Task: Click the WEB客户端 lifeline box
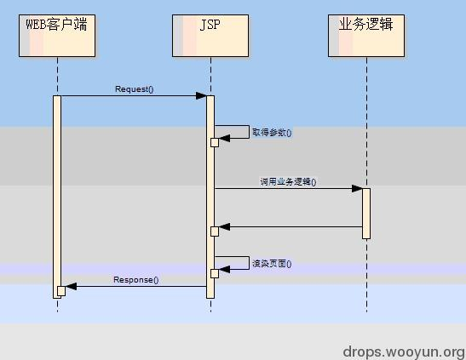pos(57,35)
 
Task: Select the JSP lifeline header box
pos(210,35)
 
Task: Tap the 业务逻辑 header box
pos(366,35)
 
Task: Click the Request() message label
pos(134,89)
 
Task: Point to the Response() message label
pos(136,279)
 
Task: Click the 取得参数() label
pos(272,133)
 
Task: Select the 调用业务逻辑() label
pos(288,182)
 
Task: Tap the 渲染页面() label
pos(272,264)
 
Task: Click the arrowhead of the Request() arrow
pos(201,95)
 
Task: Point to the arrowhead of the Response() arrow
pos(71,287)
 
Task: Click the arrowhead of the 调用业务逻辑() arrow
pos(358,188)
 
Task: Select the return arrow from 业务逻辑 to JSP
pos(290,226)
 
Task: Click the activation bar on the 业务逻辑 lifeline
pos(366,213)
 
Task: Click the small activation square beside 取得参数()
pos(215,142)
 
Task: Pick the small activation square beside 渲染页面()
pos(215,273)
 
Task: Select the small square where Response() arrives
pos(61,291)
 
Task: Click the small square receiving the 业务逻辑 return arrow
pos(215,231)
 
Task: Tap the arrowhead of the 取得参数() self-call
pos(224,138)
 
